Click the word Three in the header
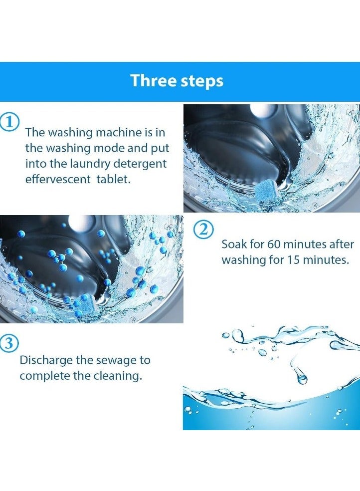click(153, 80)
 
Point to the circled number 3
click(9, 343)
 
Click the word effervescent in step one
click(58, 179)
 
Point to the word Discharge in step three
click(46, 360)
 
